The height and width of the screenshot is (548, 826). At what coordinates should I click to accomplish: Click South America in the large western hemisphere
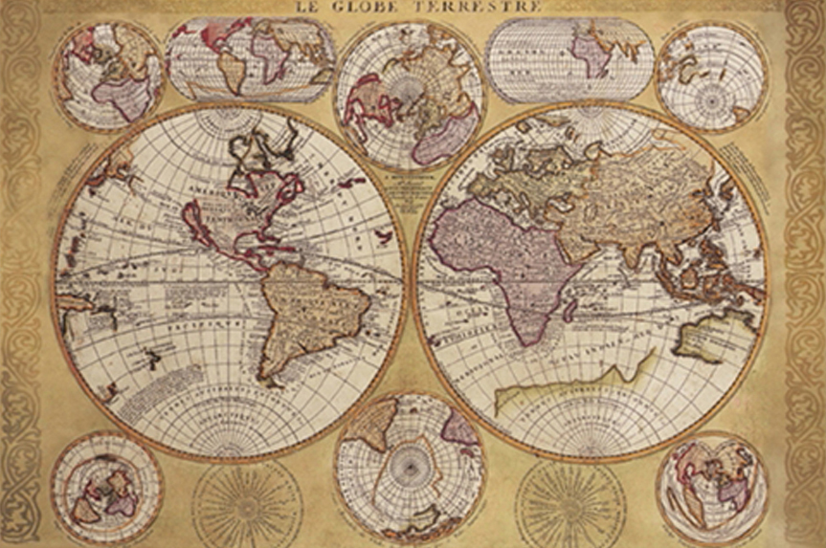[x=306, y=316]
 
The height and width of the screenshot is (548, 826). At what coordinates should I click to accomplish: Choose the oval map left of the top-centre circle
[x=251, y=59]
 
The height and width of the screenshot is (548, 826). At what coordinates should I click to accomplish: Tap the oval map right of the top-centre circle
[x=569, y=59]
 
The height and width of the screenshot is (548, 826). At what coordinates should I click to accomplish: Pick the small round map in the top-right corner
[x=711, y=77]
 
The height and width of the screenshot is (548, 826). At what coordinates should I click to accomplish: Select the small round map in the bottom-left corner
[x=106, y=487]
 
